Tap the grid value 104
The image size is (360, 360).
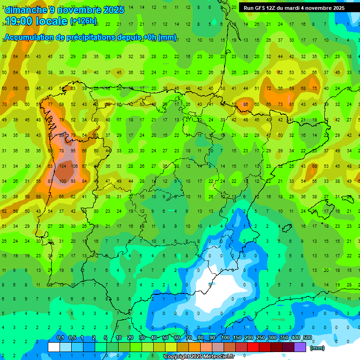(x=62, y=166)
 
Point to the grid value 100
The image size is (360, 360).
(x=62, y=181)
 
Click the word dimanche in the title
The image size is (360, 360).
(x=26, y=10)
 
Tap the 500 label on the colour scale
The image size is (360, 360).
(x=307, y=338)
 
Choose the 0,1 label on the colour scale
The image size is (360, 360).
(x=60, y=338)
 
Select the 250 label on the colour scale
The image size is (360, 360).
(x=260, y=338)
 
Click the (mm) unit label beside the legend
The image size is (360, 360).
(x=317, y=348)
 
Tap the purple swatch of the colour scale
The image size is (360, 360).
(x=300, y=347)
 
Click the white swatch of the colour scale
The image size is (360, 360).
(x=54, y=347)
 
